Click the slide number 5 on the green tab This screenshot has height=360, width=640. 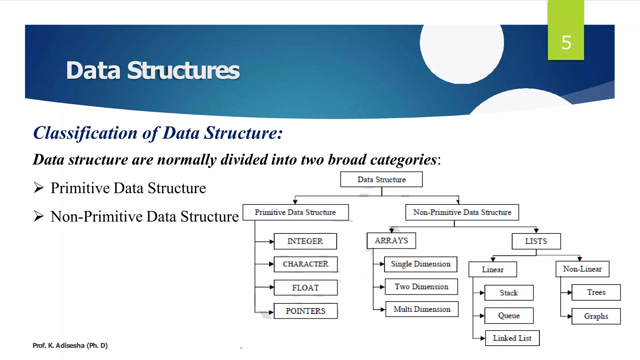(x=566, y=43)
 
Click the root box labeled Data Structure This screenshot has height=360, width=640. (x=381, y=179)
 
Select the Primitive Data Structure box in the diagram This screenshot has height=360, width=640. (x=295, y=212)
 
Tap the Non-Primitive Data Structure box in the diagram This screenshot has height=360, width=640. (x=462, y=212)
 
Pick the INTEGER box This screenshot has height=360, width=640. (x=305, y=241)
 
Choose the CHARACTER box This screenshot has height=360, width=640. (x=305, y=264)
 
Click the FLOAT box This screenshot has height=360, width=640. (x=305, y=287)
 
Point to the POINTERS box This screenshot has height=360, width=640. (x=305, y=311)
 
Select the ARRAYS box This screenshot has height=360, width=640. (x=391, y=241)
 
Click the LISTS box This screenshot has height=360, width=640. (x=536, y=241)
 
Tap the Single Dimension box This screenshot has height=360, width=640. (x=421, y=264)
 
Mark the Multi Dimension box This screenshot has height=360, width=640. (x=422, y=309)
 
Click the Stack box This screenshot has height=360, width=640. (x=509, y=293)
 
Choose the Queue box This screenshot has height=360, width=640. (x=509, y=316)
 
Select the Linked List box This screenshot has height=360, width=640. (x=512, y=338)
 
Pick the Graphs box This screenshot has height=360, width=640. (x=596, y=316)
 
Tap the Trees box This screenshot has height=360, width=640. (x=596, y=292)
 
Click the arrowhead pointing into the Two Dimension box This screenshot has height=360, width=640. (x=382, y=287)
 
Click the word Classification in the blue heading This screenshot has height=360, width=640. (x=85, y=133)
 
